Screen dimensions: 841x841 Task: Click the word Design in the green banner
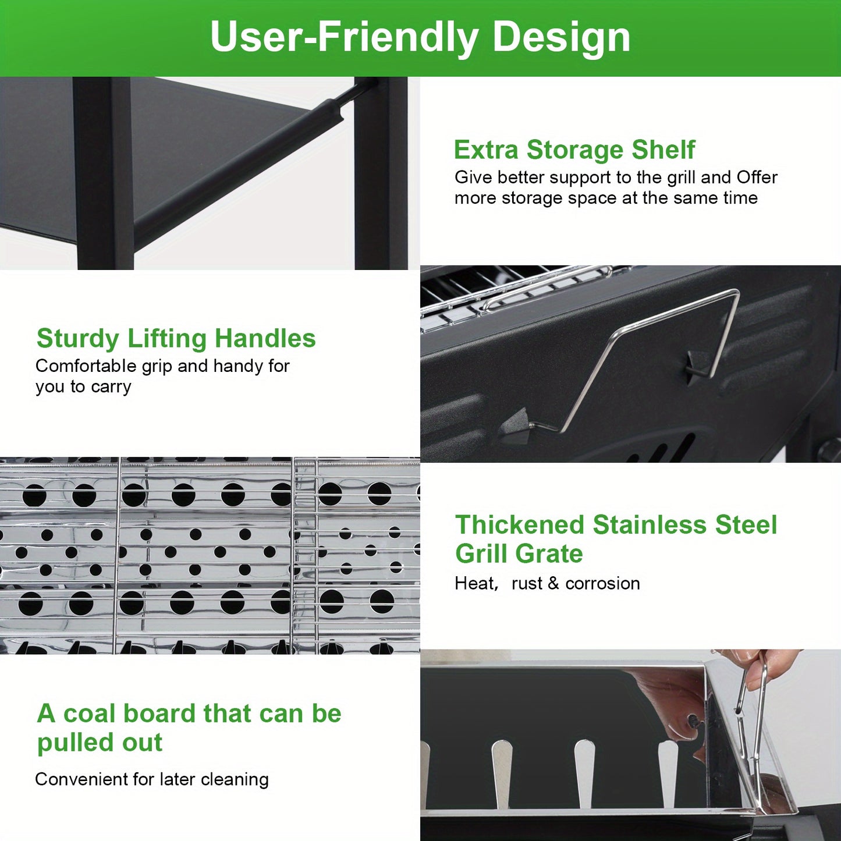(x=561, y=38)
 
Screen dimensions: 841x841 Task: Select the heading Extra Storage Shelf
(x=574, y=150)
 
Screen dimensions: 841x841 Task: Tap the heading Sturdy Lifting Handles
(x=176, y=339)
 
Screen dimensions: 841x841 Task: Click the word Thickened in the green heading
(x=519, y=524)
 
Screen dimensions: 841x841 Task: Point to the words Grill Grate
(x=519, y=554)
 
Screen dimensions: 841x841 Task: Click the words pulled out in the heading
(x=100, y=743)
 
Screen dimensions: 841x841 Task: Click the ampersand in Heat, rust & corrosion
(x=553, y=584)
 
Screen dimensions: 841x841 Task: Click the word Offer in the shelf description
(x=757, y=177)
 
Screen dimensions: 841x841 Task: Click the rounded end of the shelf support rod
(x=332, y=110)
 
